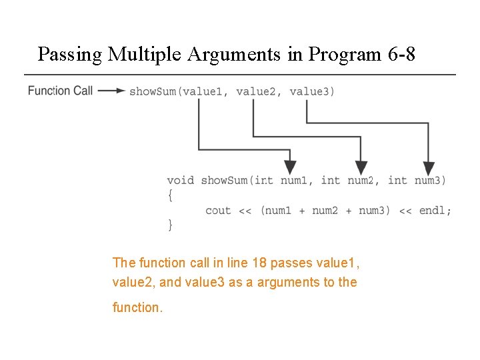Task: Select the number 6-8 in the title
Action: (401, 54)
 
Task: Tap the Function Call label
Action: (60, 91)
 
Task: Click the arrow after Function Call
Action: (111, 91)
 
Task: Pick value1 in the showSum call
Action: (203, 91)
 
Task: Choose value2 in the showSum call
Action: (256, 91)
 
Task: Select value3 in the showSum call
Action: (310, 91)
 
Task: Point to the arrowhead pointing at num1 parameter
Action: (290, 168)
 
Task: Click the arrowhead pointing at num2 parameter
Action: (361, 168)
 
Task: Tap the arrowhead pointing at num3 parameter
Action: (429, 168)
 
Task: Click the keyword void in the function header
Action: (180, 180)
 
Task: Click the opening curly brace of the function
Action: (170, 195)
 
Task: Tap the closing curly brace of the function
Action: (170, 225)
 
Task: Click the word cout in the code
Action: (218, 211)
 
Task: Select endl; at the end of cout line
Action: (435, 211)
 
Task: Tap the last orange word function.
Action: (137, 308)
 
